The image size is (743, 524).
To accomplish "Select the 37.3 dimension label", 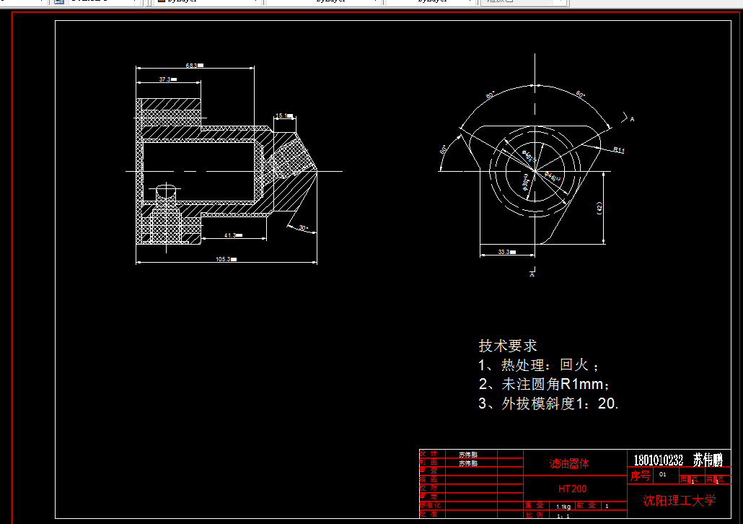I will (166, 79).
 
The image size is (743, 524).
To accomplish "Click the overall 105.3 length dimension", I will (224, 259).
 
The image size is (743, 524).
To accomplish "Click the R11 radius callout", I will (619, 149).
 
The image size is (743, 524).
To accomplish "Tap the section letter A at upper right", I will (632, 118).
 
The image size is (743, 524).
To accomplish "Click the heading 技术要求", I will (508, 346).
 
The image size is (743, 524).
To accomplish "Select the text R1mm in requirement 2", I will (581, 385).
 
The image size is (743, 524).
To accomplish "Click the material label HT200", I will (572, 489).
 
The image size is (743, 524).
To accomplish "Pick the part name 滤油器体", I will (569, 463).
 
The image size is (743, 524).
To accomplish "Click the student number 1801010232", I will (658, 460).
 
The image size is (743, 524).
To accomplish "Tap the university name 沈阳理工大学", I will (680, 500).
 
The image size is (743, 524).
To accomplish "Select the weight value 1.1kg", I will (563, 507).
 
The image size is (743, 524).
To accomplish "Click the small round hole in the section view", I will (166, 192).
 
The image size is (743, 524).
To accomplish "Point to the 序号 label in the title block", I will (640, 476).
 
